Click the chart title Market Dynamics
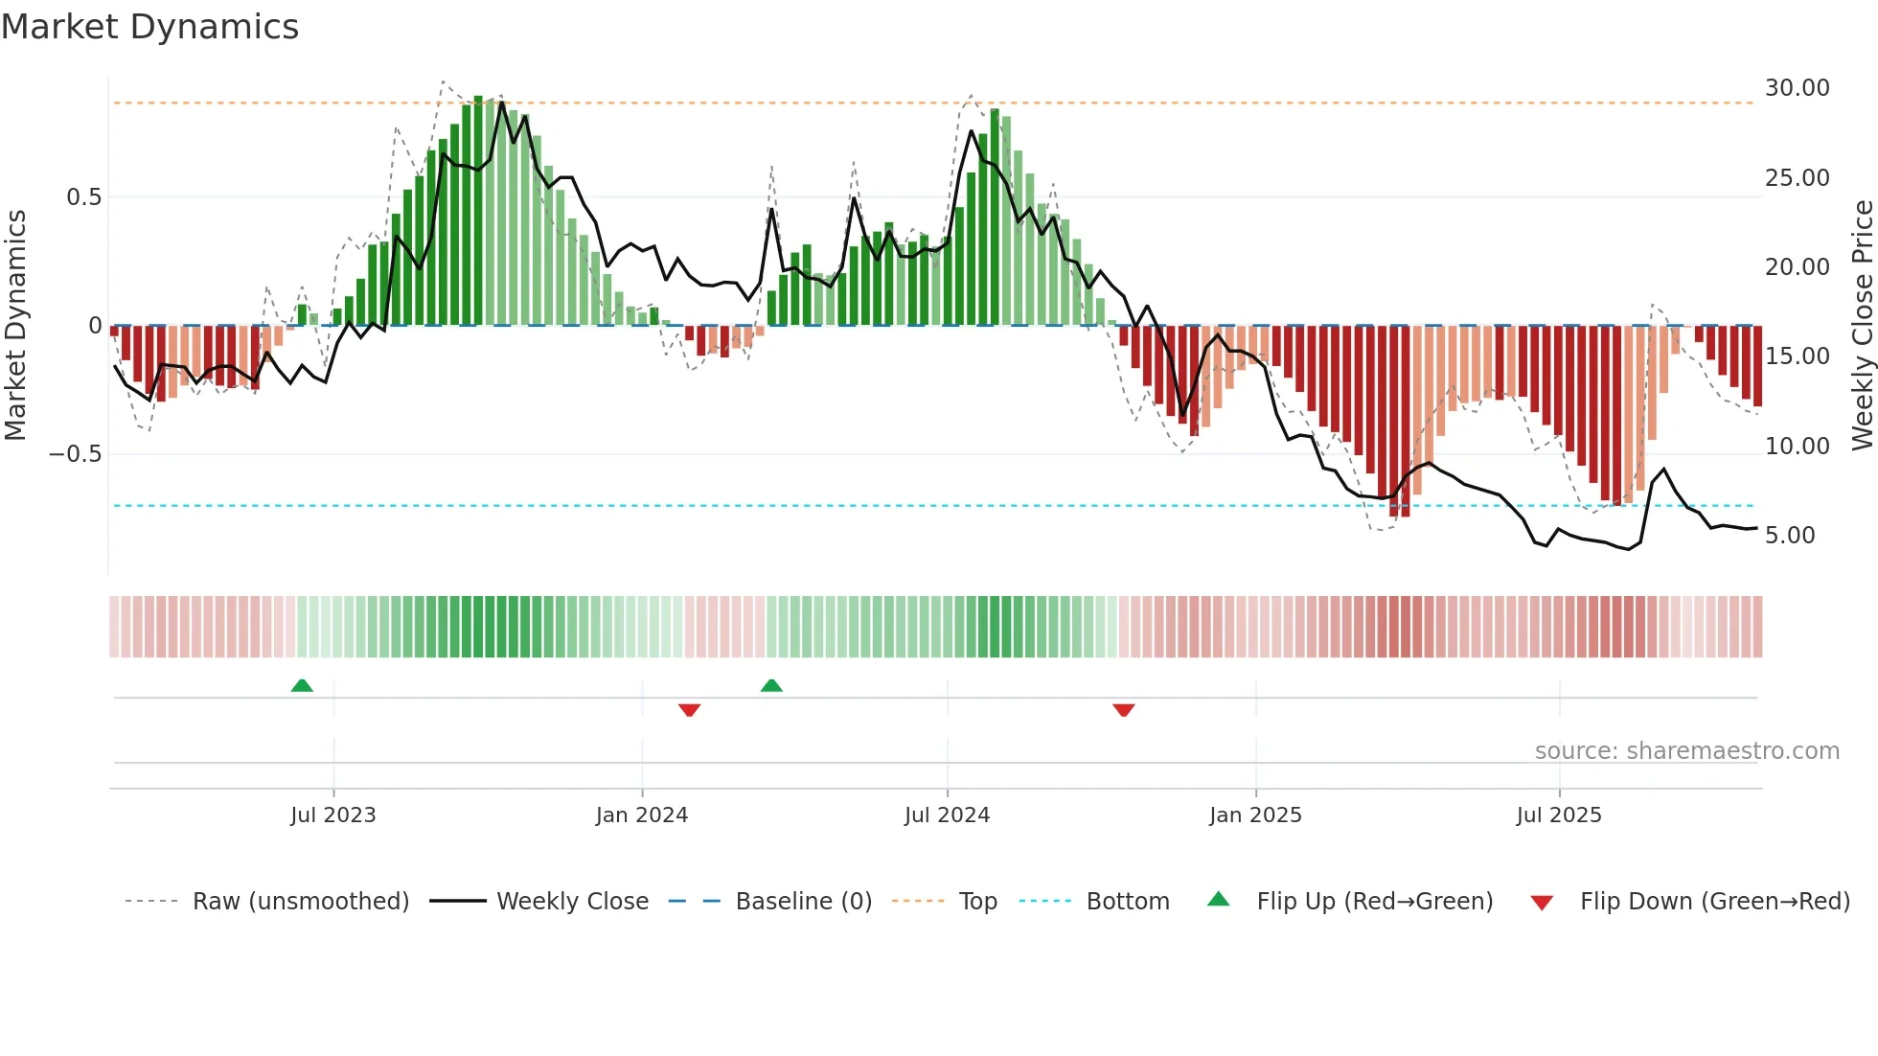(149, 27)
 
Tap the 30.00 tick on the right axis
(1797, 88)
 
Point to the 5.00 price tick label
(1789, 536)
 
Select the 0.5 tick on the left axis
(83, 197)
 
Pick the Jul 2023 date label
(332, 815)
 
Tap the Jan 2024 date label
(641, 815)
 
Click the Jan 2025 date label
(1255, 815)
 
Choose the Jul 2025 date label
(1558, 815)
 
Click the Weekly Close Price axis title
(1862, 325)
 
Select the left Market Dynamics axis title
(15, 325)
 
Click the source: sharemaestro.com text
(1686, 751)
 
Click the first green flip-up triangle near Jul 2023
(302, 685)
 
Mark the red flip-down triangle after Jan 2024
(689, 710)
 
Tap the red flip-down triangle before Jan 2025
(1123, 710)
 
